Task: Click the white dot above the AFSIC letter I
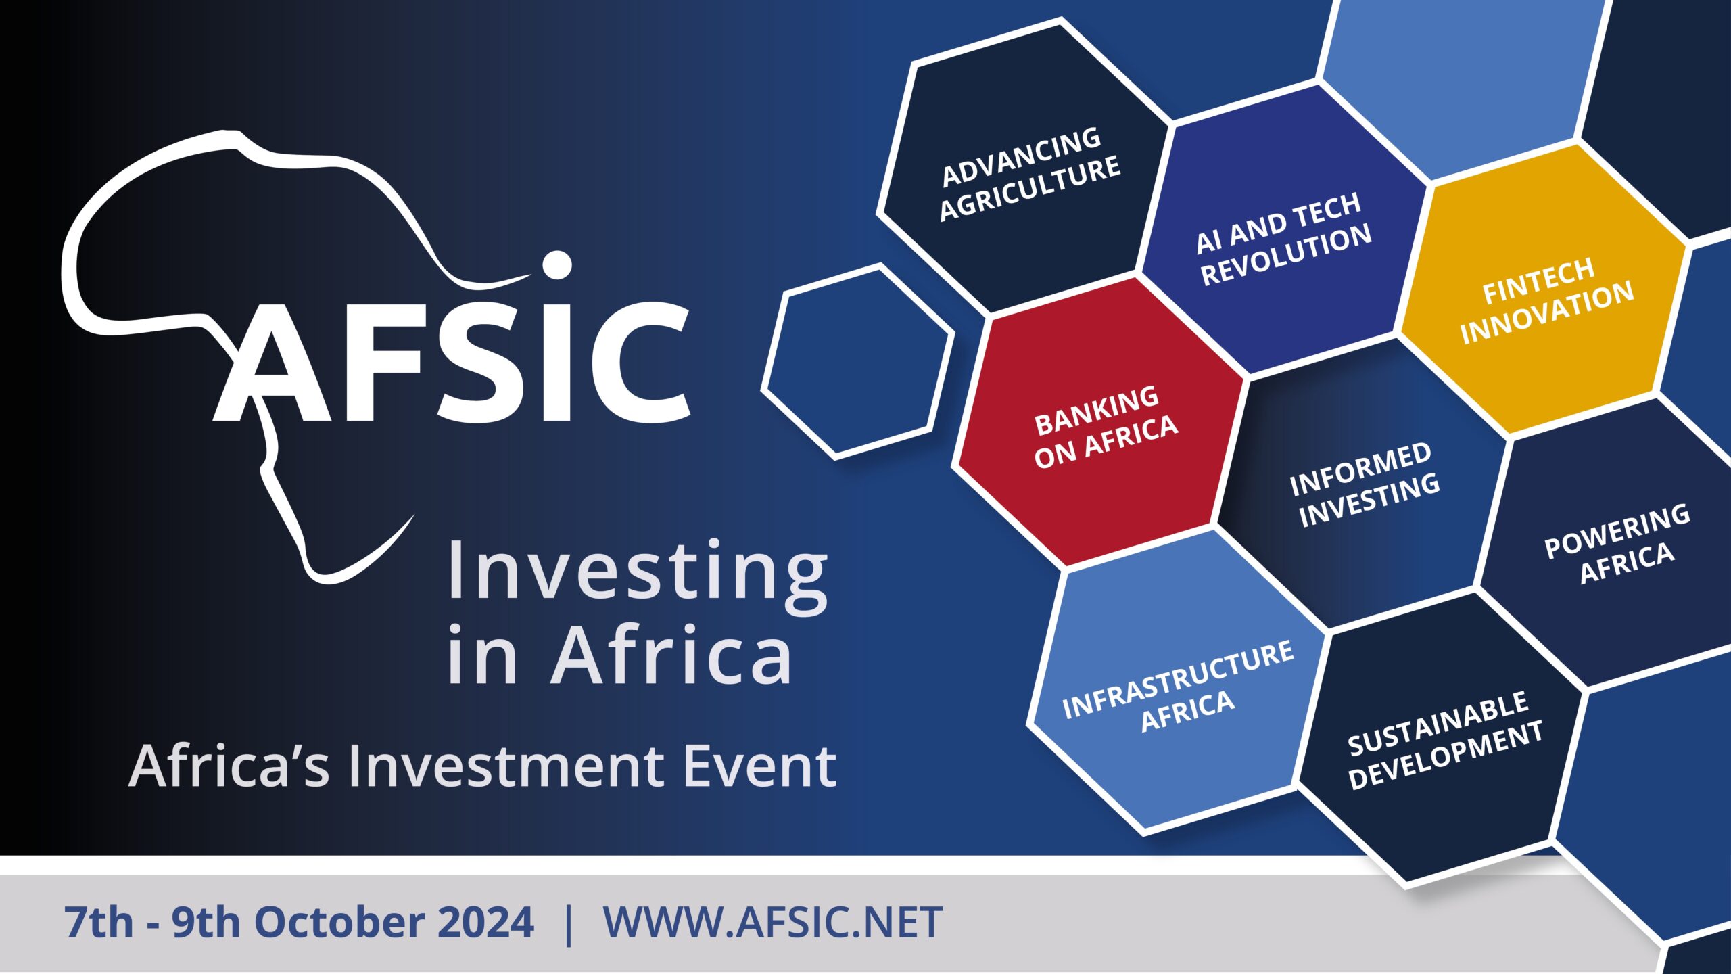tap(557, 266)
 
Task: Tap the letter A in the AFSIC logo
tap(273, 363)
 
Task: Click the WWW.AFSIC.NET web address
tap(773, 922)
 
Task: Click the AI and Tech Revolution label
tap(1283, 239)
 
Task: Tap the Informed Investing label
tap(1365, 484)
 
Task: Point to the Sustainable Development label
tap(1445, 739)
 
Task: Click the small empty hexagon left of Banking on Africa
tap(858, 362)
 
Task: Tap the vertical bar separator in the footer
tap(568, 923)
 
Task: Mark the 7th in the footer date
tap(99, 922)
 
